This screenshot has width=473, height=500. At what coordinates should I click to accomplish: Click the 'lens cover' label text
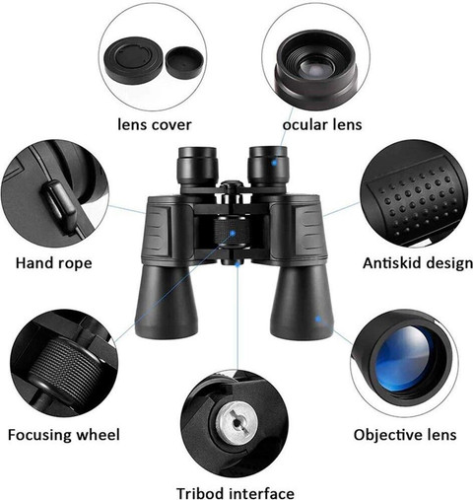pos(155,125)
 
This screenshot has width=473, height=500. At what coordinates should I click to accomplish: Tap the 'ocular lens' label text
pos(322,125)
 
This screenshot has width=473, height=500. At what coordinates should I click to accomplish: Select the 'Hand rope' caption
pos(54,263)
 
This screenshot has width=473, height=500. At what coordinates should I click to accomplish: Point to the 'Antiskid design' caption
pos(418,263)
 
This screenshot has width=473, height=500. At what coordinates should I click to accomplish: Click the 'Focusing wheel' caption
pos(64,435)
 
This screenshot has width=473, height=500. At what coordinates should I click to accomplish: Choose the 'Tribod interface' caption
pos(236,493)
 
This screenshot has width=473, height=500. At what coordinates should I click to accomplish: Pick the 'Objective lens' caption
pos(405,435)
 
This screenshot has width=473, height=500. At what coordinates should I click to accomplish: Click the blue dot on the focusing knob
pos(233,233)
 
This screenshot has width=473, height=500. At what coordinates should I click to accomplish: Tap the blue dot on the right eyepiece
pos(274,163)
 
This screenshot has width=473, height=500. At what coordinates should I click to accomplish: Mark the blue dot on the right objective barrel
pos(318,319)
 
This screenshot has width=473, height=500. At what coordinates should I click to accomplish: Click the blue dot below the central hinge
pos(237,263)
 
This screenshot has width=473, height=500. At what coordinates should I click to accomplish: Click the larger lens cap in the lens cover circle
pos(134,62)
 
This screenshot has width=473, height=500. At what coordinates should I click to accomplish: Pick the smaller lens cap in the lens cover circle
pos(184,62)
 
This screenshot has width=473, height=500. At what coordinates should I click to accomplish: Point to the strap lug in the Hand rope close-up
pos(59,204)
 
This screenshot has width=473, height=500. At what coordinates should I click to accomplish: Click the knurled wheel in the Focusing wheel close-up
pos(66,365)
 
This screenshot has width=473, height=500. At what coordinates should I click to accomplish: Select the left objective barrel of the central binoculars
pos(167,301)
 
